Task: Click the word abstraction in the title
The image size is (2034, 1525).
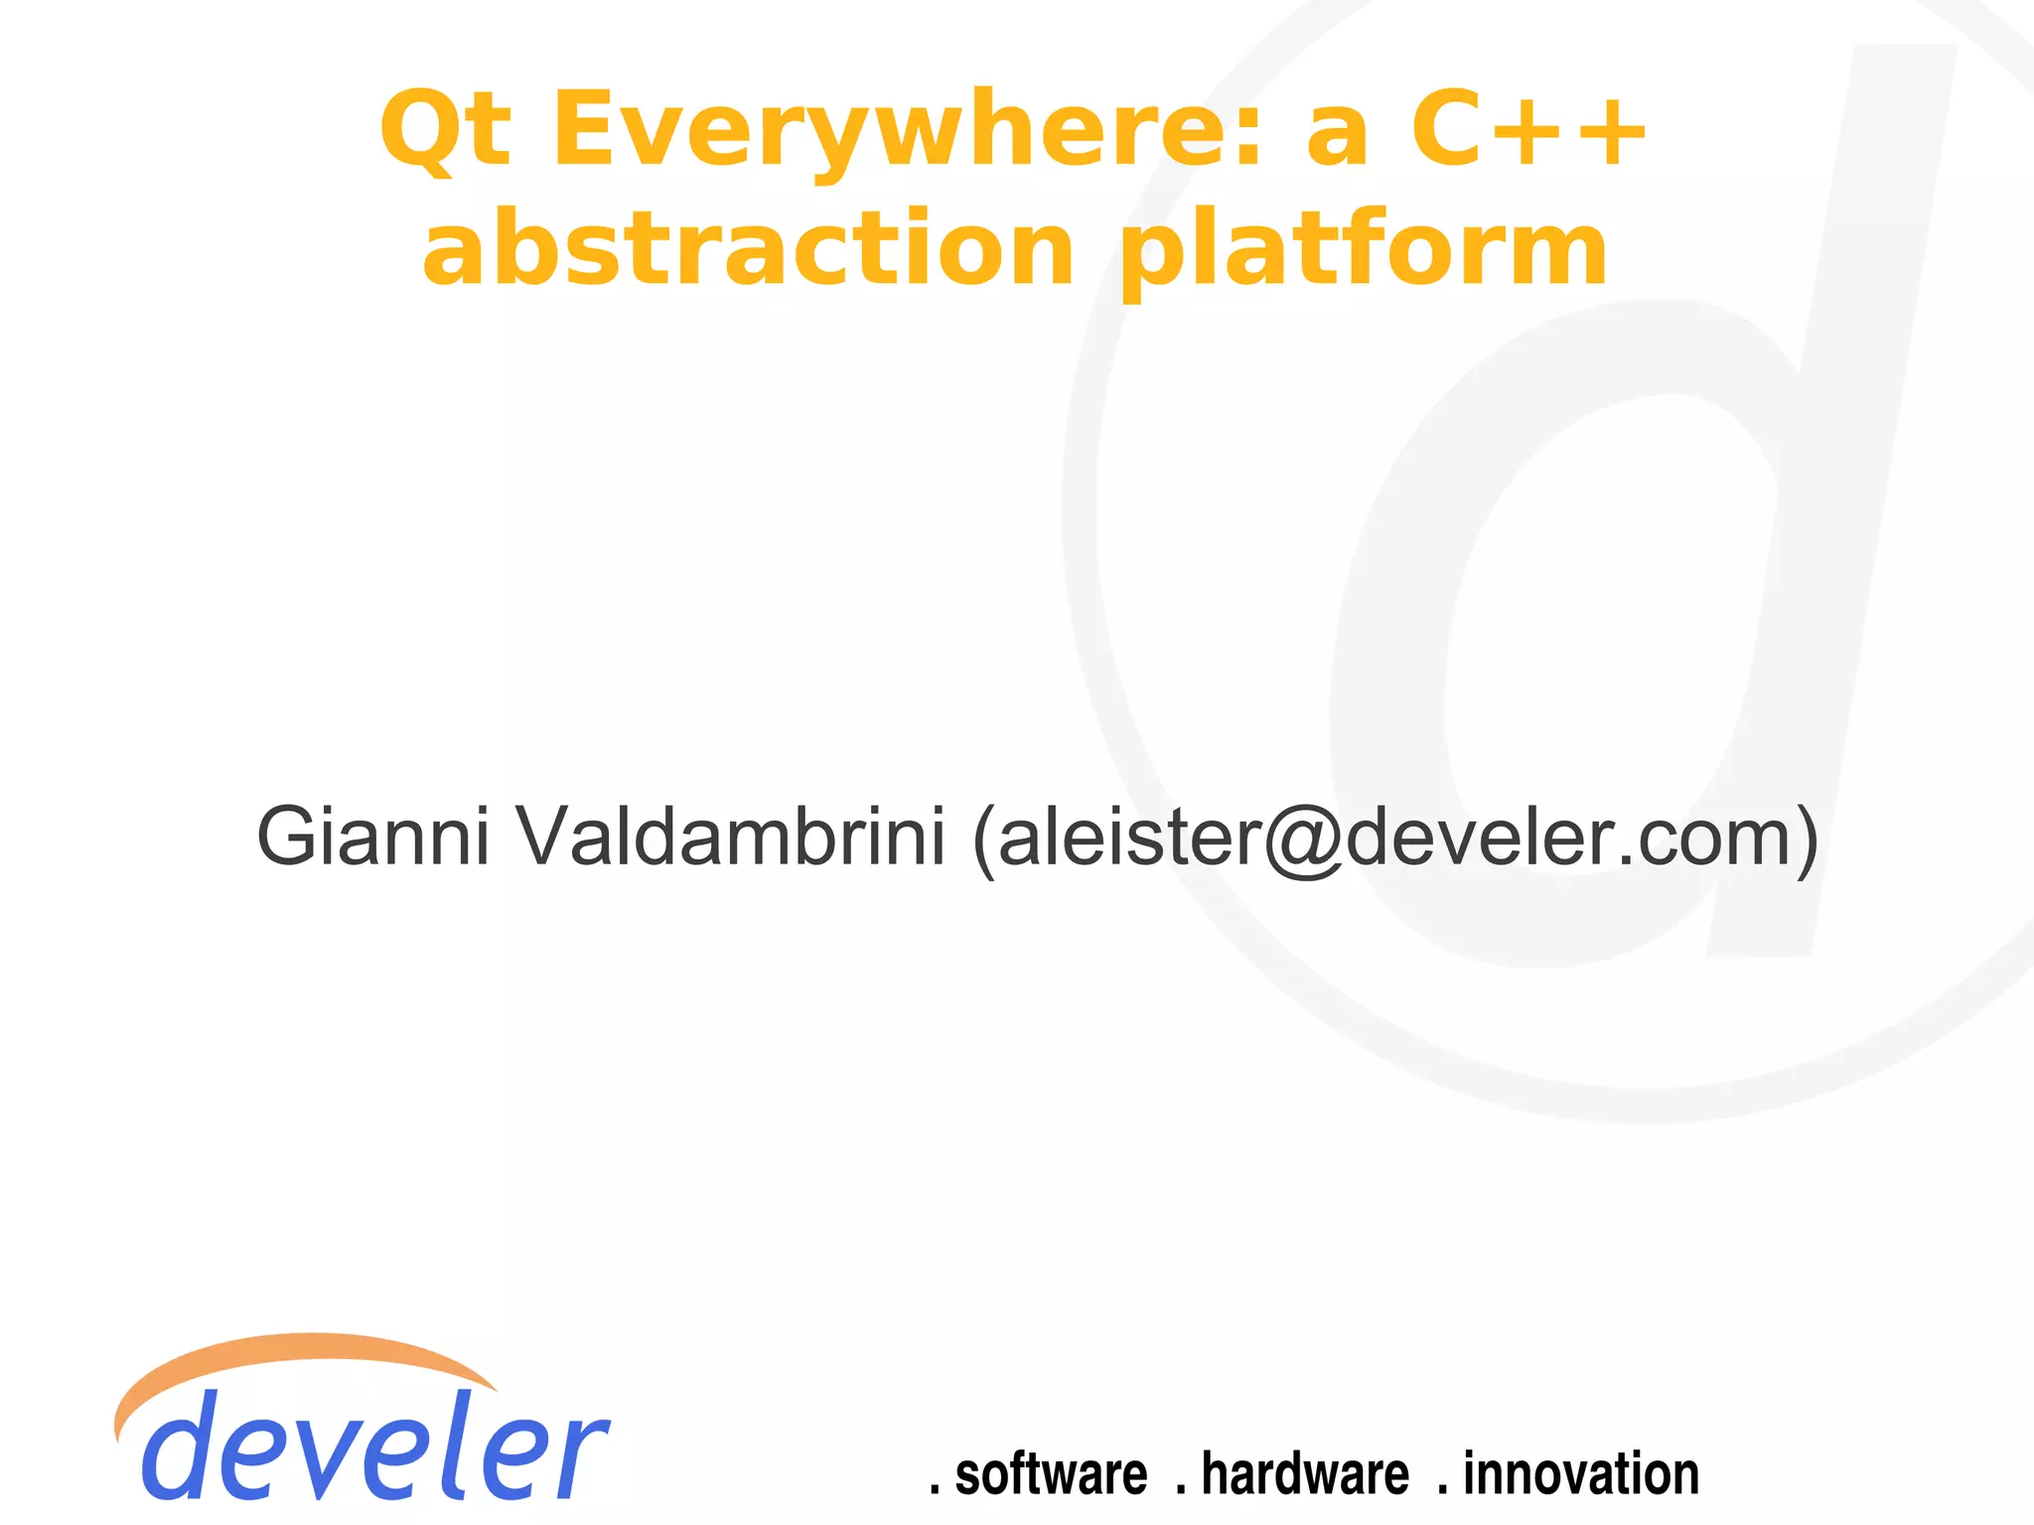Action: pos(749,248)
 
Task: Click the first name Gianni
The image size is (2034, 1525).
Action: pos(373,837)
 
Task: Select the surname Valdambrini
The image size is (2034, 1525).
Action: pos(731,837)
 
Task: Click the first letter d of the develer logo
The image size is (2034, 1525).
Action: pos(183,1446)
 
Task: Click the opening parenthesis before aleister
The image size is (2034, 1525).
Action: pos(983,839)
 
